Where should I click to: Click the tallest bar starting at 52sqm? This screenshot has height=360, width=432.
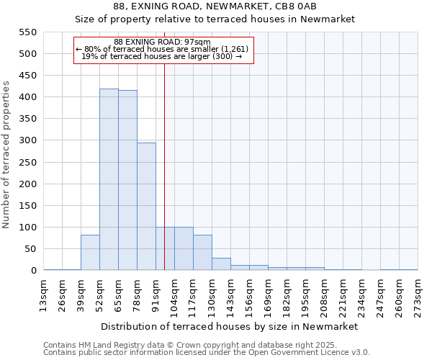(109, 179)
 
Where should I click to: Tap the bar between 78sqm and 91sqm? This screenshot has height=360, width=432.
(146, 206)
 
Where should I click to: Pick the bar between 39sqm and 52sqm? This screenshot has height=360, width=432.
(90, 252)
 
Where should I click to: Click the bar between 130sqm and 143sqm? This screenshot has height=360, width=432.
(221, 264)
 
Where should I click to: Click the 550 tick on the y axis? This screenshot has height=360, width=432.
(27, 32)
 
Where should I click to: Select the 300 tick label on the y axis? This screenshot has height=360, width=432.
(27, 140)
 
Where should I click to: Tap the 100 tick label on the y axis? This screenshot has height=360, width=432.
(27, 228)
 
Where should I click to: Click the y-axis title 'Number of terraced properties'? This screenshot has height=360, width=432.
(6, 155)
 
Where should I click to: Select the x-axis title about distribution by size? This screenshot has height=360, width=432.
(229, 326)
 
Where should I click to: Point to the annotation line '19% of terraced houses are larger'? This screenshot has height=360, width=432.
(162, 56)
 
